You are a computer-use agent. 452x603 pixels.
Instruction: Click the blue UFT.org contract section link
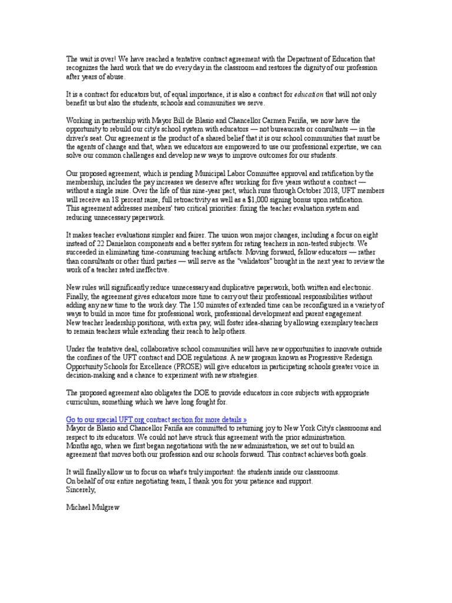coord(156,419)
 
